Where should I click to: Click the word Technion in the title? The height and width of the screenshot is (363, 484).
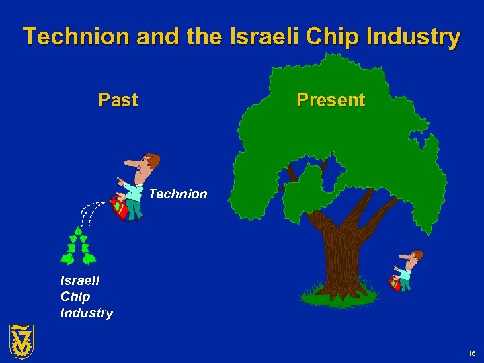pos(76,36)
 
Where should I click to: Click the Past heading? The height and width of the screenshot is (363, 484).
pos(118,100)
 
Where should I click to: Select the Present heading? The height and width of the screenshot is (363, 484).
pos(331,100)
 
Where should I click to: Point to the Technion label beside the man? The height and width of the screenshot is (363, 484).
pos(178,194)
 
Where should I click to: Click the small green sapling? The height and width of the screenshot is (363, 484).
pos(78,247)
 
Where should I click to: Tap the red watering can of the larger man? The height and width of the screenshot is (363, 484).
pos(120,206)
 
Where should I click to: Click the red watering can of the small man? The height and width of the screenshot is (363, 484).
pos(395,283)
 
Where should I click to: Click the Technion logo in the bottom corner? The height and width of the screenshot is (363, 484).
pos(22,341)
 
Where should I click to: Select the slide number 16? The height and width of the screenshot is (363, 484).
pos(471,353)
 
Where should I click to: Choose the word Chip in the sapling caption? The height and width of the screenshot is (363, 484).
pos(75,296)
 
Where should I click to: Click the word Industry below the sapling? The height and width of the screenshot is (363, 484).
pos(86,313)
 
